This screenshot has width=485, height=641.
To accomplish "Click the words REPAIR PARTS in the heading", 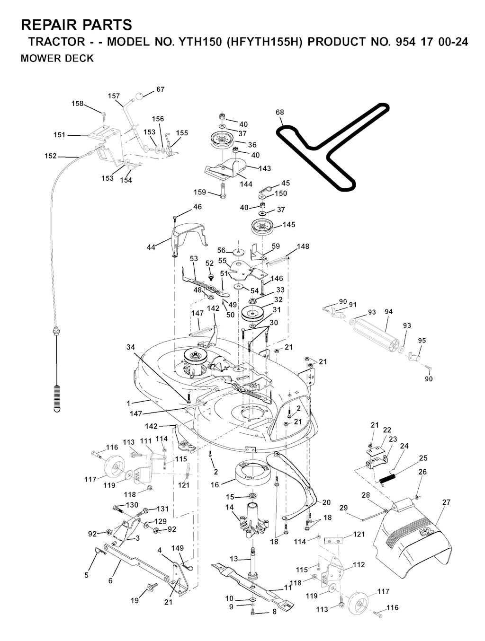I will click(76, 25).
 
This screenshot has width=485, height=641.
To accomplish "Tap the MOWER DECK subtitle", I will click(57, 59).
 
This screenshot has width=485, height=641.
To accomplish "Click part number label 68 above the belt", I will click(280, 113).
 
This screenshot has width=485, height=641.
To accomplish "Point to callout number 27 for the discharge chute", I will click(446, 502).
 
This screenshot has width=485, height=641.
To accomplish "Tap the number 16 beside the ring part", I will click(215, 485).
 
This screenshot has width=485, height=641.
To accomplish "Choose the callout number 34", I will click(131, 347).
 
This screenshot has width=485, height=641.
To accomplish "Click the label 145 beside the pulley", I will click(289, 225).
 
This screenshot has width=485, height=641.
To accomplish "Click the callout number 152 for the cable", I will click(50, 156).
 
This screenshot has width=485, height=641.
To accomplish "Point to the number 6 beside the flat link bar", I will click(110, 580).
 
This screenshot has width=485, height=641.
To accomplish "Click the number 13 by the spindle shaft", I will click(234, 559).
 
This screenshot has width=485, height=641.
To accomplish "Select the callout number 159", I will click(200, 192).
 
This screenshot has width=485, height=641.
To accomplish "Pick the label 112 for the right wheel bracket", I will click(359, 564).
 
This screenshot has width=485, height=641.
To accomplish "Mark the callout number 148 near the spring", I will click(303, 246).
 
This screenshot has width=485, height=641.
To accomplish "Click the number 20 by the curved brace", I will click(326, 502).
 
